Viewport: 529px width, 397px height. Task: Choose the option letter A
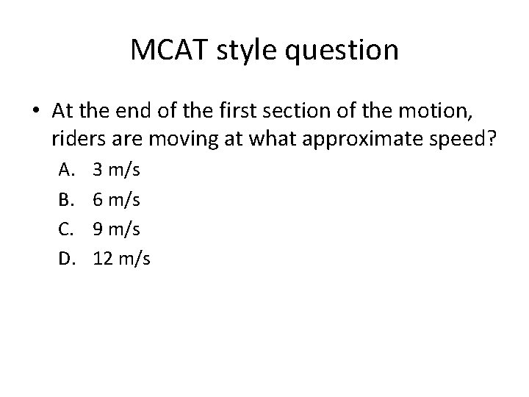[x=65, y=171]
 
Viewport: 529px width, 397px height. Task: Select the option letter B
[x=65, y=198]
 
